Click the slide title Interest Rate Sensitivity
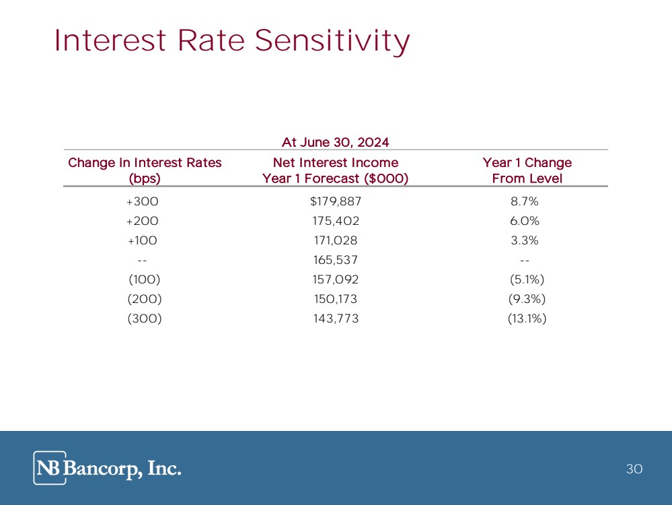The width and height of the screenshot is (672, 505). point(232,41)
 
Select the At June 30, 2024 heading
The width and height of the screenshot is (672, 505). point(335,141)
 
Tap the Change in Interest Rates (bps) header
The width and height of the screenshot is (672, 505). point(145,170)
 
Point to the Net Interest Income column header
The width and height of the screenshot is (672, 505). point(335,170)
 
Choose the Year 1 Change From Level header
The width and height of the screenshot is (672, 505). point(527,170)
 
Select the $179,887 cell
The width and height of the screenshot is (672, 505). point(336,201)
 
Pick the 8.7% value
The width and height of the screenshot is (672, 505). point(525,201)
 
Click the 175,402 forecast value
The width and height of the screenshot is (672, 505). point(336,221)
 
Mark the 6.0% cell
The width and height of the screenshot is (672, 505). point(525,221)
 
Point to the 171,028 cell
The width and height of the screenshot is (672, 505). point(336,240)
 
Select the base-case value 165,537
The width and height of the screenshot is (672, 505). point(336,260)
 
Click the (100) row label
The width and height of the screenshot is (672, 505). point(144,279)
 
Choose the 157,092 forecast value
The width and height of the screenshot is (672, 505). point(336,279)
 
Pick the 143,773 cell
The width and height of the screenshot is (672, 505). point(336,318)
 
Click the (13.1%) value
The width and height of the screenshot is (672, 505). point(526,318)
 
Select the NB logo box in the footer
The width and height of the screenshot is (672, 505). point(50,468)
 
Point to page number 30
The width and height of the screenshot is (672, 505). point(634,469)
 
